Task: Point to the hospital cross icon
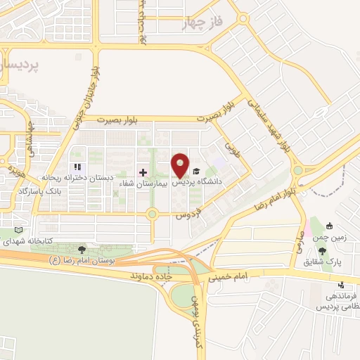(143, 172)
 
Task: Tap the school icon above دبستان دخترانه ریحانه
(77, 167)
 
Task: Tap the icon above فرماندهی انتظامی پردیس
(341, 285)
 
